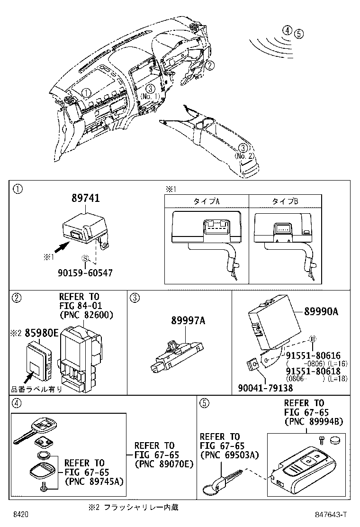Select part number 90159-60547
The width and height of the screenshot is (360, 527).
coord(86,273)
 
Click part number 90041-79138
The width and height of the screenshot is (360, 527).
coord(265,388)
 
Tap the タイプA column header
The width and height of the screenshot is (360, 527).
coord(206,201)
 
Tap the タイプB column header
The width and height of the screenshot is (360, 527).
coord(285,201)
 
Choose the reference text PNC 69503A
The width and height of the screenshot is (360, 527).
coord(229,455)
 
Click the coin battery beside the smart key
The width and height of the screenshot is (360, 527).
coord(336,440)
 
